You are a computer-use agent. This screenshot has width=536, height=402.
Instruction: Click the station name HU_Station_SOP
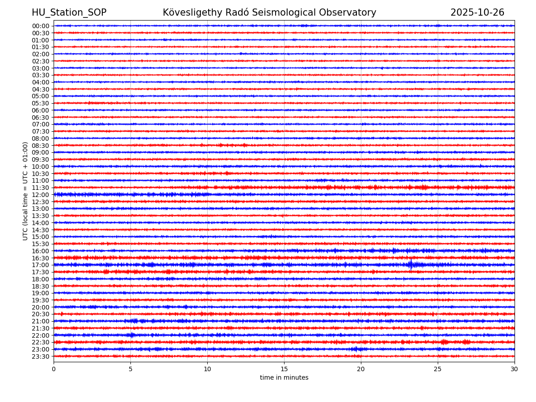click(69, 13)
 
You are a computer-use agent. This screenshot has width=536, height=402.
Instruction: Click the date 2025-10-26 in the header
click(477, 13)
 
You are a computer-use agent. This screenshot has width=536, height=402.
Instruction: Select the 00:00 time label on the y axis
click(41, 26)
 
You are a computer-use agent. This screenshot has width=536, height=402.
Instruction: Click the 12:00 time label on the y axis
click(41, 195)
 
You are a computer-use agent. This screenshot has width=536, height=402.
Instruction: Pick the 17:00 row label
click(41, 265)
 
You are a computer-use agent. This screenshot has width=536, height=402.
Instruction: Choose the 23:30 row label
click(41, 356)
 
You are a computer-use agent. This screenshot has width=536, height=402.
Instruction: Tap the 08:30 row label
click(41, 146)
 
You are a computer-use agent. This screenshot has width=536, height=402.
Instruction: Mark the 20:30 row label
click(41, 314)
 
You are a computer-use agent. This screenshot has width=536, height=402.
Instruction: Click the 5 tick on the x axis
click(130, 369)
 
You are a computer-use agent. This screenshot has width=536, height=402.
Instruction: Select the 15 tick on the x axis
click(284, 369)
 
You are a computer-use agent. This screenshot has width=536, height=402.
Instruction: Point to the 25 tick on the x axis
click(438, 369)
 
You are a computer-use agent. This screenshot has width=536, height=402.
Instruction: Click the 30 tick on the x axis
click(515, 369)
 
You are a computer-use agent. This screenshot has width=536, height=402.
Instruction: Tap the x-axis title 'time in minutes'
click(284, 378)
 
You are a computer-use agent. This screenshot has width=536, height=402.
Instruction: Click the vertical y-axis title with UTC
click(25, 191)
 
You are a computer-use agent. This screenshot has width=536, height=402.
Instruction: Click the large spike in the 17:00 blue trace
click(411, 265)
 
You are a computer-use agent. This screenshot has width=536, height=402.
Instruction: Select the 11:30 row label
click(41, 188)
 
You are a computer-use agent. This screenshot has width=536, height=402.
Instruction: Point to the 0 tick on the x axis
click(54, 369)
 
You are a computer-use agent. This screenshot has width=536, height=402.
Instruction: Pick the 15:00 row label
click(41, 237)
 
